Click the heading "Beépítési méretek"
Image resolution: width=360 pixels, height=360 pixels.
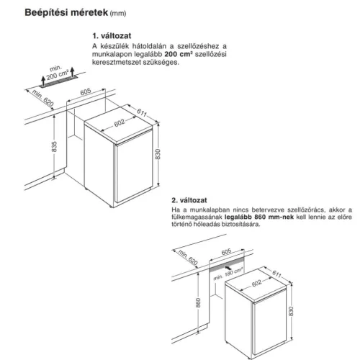pos(66,12)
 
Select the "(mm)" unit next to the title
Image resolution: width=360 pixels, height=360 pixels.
pos(118,14)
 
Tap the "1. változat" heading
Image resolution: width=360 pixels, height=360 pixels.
pos(112,36)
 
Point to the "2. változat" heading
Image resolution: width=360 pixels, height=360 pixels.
pos(189,200)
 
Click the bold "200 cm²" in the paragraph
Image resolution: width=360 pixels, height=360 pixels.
pos(179,54)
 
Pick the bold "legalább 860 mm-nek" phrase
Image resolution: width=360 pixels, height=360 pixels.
pos(259,217)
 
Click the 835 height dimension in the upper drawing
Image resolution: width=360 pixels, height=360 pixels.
pos(55,147)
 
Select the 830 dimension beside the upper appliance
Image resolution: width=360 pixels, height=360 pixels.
pos(158,154)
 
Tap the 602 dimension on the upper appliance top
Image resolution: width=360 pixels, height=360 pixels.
pos(120,123)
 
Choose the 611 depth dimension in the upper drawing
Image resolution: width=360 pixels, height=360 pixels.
pos(142,112)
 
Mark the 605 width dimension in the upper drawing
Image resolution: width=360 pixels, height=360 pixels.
pos(86,91)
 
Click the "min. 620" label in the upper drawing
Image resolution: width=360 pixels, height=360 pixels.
pos(42,98)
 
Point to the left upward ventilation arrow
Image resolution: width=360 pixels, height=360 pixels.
pos(43,81)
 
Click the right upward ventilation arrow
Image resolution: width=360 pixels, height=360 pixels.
pos(72,71)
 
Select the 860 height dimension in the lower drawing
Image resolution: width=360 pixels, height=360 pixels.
pos(198,302)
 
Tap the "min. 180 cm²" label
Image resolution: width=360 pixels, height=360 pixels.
pos(228,274)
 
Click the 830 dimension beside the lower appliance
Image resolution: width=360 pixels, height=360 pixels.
pos(291,311)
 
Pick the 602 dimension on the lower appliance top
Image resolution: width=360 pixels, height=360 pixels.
pos(256,284)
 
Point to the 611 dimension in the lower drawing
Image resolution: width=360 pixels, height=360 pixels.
pos(276,274)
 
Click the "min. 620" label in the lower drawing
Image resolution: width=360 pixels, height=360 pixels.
pos(188,257)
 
